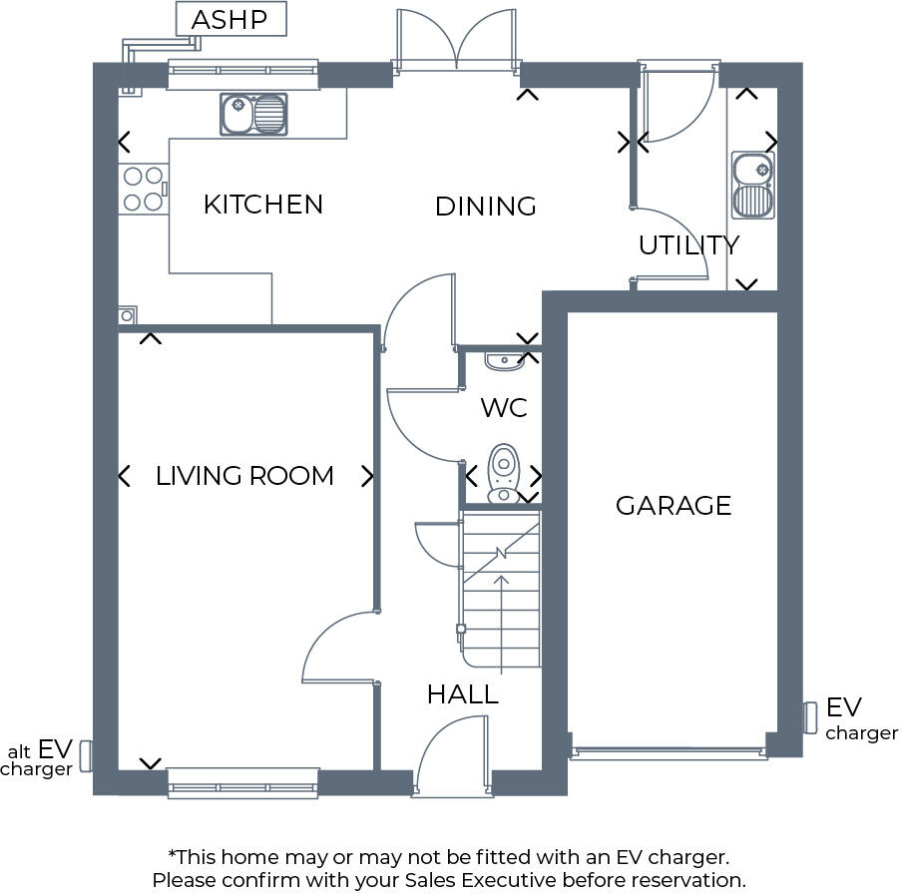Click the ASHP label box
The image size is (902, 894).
(x=230, y=19)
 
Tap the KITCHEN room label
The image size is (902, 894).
(x=263, y=205)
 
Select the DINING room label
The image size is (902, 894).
(x=486, y=207)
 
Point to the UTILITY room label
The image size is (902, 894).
(x=688, y=245)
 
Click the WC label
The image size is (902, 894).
(x=504, y=408)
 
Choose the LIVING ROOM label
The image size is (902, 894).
(x=244, y=476)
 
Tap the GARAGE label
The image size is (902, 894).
(x=674, y=506)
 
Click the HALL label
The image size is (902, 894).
(x=463, y=694)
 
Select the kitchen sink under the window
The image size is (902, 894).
(x=253, y=114)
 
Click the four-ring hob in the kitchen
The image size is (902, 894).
(x=142, y=189)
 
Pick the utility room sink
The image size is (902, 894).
(x=751, y=186)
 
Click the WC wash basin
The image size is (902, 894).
(x=502, y=359)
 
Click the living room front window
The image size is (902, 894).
(x=242, y=783)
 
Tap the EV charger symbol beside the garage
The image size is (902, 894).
(x=809, y=716)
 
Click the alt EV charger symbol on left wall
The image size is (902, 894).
(x=86, y=755)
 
